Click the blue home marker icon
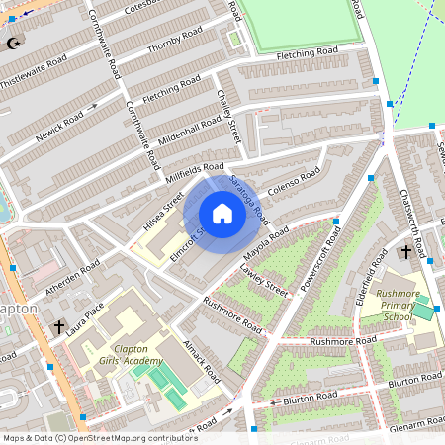(222, 214)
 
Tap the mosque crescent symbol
(14, 43)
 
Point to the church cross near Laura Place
(59, 326)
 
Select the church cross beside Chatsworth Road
(405, 253)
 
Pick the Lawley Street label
(263, 280)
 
